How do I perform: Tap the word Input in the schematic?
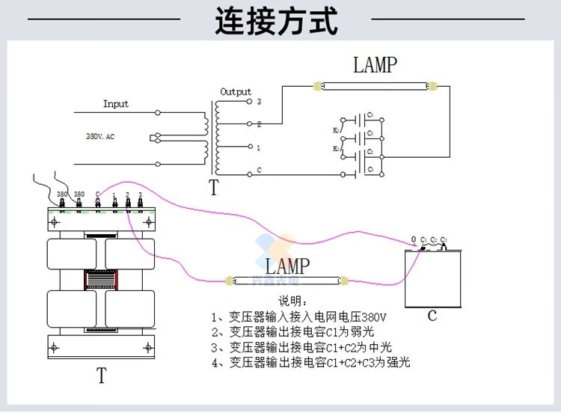point(116,104)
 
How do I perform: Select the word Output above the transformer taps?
point(236,92)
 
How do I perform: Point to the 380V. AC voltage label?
point(99,137)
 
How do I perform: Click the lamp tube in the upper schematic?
point(373,87)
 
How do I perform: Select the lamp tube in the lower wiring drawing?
point(286,282)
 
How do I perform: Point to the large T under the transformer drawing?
point(101,376)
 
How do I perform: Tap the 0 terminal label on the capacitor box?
point(414,239)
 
